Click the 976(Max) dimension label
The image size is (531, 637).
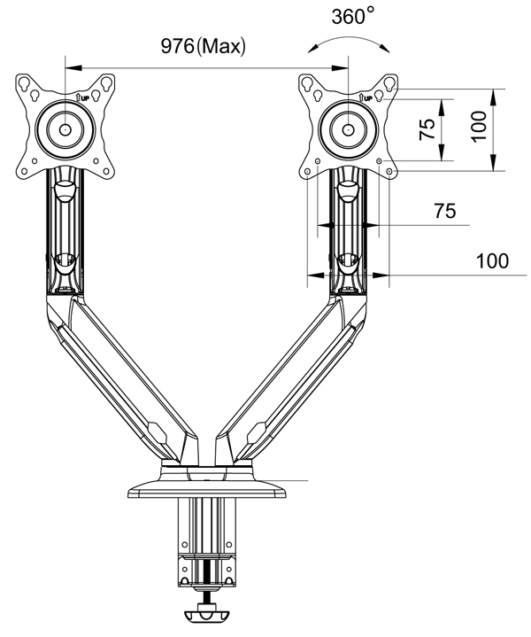[204, 46]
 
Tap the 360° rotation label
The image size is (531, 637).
[352, 17]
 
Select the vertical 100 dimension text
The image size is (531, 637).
[480, 126]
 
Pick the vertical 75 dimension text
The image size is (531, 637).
[427, 129]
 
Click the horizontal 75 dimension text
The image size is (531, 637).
[445, 211]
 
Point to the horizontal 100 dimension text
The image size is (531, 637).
[492, 260]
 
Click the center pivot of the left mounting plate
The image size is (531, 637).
[65, 129]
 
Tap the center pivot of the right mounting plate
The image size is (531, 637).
[348, 129]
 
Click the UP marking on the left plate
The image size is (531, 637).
[82, 97]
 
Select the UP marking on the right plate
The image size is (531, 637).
[366, 97]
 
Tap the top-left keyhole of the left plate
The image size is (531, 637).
[23, 83]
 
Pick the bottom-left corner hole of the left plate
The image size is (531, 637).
[24, 172]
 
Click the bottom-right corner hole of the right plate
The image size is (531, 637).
[389, 172]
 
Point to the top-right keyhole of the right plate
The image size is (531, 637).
[389, 83]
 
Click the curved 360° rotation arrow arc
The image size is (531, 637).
[349, 41]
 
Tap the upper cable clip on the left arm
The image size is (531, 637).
[64, 190]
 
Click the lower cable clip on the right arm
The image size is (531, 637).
[348, 264]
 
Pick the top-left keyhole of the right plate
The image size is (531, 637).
[306, 83]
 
